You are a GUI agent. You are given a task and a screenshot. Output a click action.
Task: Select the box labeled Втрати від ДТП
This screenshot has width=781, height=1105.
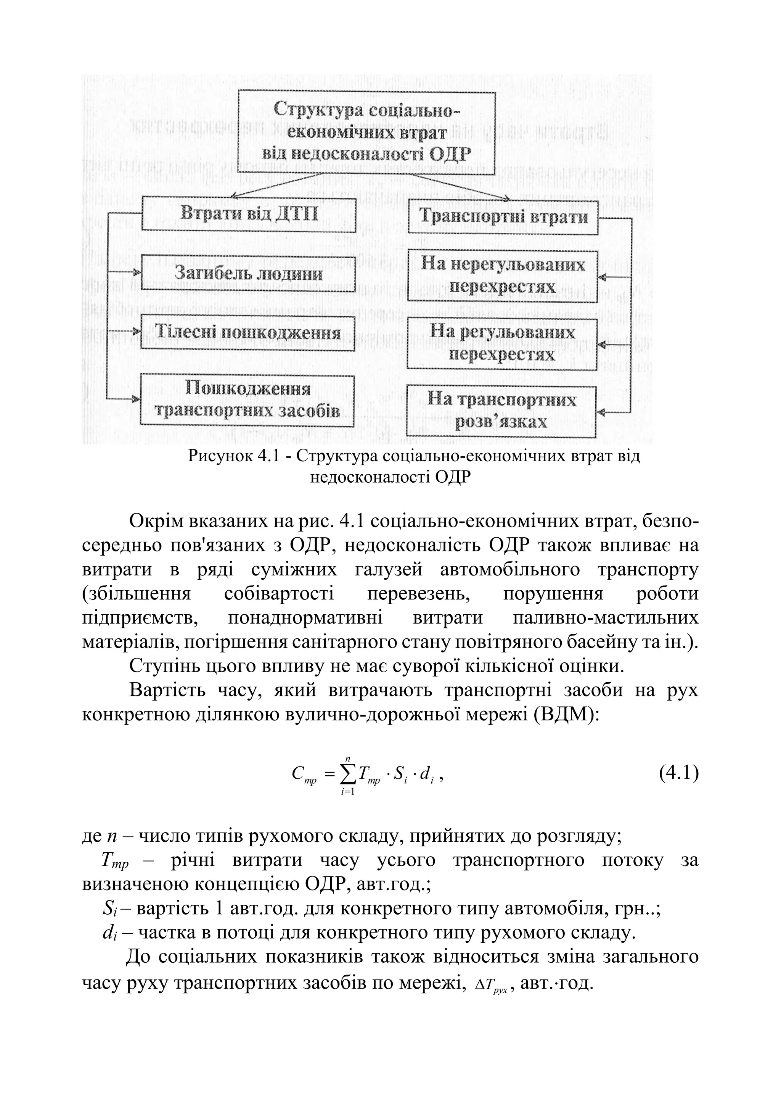(x=249, y=215)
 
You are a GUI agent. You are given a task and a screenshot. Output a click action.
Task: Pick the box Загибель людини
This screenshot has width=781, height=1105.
(x=248, y=274)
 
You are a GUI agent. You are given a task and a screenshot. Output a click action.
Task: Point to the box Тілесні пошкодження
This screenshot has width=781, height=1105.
(x=247, y=333)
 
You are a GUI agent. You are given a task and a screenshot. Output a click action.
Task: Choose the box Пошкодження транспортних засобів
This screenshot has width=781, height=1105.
(x=247, y=401)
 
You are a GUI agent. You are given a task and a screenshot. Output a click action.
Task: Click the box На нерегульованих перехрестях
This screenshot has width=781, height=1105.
(x=503, y=276)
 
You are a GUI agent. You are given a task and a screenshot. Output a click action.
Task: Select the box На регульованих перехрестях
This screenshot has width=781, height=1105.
(x=502, y=344)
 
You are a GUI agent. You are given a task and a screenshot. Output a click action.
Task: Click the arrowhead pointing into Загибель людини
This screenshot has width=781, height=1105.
(x=137, y=273)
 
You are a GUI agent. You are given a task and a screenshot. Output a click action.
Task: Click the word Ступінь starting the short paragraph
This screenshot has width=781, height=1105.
(x=160, y=667)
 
